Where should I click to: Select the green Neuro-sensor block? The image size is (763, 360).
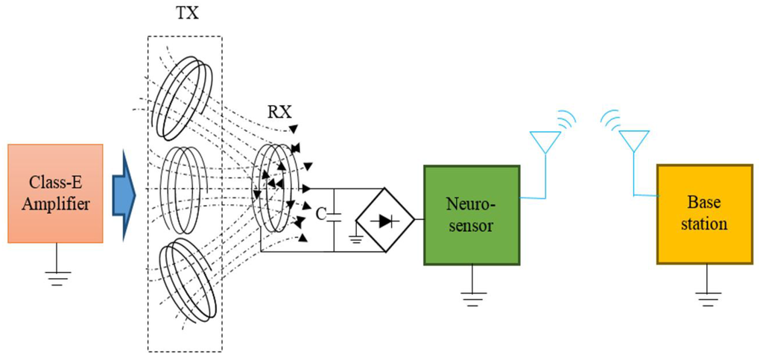click(472, 215)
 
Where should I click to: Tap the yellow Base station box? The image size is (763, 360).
click(703, 213)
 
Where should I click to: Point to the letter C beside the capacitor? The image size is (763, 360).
click(320, 215)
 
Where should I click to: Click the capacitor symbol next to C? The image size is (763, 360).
click(335, 215)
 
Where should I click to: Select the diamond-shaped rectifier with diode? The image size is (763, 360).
click(385, 221)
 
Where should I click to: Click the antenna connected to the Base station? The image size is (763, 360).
click(634, 142)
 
